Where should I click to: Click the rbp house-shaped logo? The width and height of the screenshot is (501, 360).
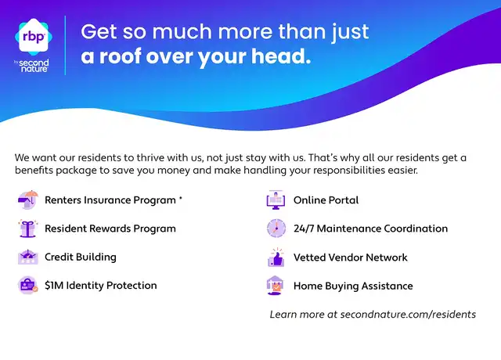(33, 37)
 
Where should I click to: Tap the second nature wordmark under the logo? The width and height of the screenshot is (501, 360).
(34, 66)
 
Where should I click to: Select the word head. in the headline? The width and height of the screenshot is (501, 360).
(281, 56)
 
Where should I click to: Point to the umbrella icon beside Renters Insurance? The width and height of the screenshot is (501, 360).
(28, 200)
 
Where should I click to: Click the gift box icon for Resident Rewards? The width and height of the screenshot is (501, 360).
(28, 229)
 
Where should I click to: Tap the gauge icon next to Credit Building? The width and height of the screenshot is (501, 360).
(28, 257)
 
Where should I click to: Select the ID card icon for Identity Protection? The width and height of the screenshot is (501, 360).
(28, 285)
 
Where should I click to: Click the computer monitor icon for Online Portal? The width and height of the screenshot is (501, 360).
(276, 200)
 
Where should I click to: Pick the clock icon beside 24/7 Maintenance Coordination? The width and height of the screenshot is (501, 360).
(276, 229)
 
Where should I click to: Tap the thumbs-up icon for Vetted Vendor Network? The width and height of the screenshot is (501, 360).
(276, 257)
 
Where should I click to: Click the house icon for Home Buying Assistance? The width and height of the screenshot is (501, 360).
(275, 285)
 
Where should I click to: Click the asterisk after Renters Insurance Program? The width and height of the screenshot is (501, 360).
(181, 198)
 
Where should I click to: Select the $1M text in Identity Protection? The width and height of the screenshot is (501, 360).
(54, 285)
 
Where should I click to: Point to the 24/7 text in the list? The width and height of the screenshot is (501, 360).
(304, 229)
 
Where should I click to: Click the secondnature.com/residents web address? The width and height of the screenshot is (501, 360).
(408, 315)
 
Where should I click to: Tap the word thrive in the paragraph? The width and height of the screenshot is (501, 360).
(150, 158)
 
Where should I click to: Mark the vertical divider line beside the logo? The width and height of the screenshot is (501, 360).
(65, 45)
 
